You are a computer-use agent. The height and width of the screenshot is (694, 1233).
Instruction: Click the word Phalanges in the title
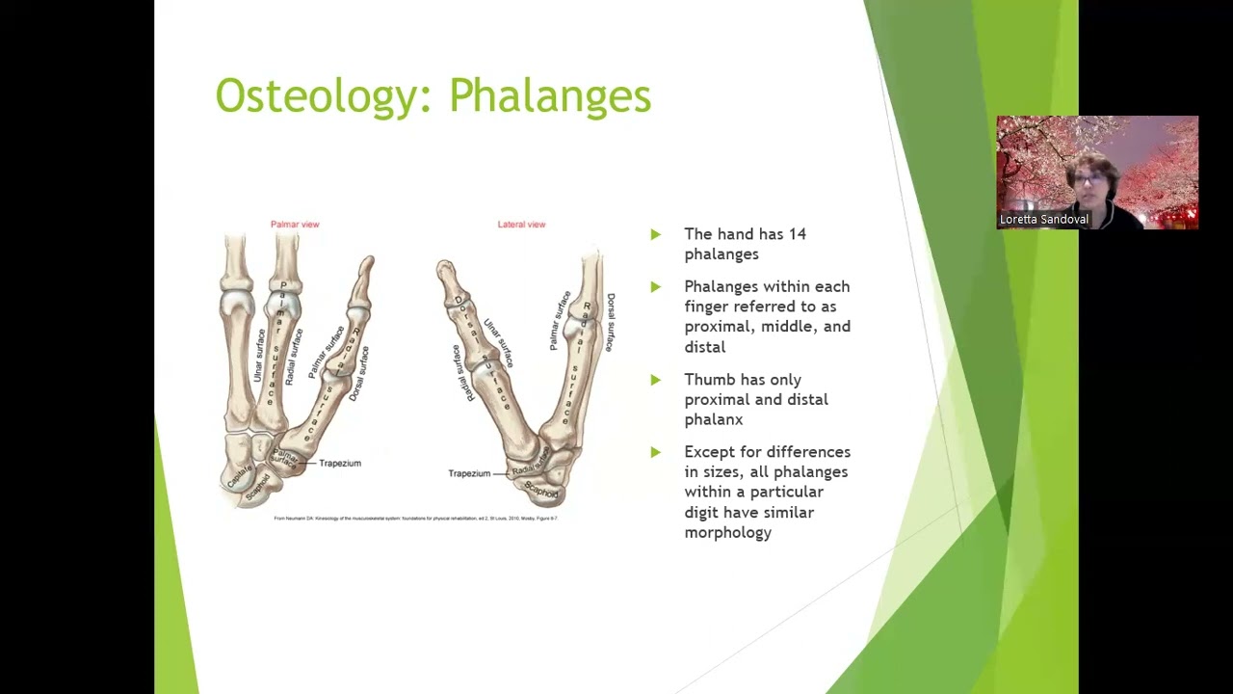550,96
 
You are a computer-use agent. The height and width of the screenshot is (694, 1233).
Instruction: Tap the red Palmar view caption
295,225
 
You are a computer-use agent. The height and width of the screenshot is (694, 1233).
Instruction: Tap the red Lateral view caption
521,225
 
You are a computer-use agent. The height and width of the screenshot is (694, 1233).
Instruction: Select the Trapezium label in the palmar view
339,464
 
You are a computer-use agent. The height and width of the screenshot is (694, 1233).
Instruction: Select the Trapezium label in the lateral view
469,473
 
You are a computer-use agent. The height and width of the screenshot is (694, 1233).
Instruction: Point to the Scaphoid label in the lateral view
541,492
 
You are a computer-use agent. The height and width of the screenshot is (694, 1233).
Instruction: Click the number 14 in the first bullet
797,234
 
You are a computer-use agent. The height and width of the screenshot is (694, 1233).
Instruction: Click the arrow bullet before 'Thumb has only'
656,380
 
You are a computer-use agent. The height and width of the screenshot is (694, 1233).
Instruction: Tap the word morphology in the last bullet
727,532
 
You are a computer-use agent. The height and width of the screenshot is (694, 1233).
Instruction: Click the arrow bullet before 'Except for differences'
656,452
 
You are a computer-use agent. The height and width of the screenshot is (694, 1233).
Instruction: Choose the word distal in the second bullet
704,347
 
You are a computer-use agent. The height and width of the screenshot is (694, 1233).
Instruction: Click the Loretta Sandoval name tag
1043,220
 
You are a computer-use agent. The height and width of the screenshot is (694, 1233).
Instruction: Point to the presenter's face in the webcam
1089,179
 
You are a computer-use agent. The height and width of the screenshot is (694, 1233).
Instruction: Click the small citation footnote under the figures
415,519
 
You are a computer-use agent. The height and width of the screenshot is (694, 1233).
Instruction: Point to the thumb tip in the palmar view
367,263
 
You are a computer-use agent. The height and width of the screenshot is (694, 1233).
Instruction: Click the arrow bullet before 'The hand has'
656,234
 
